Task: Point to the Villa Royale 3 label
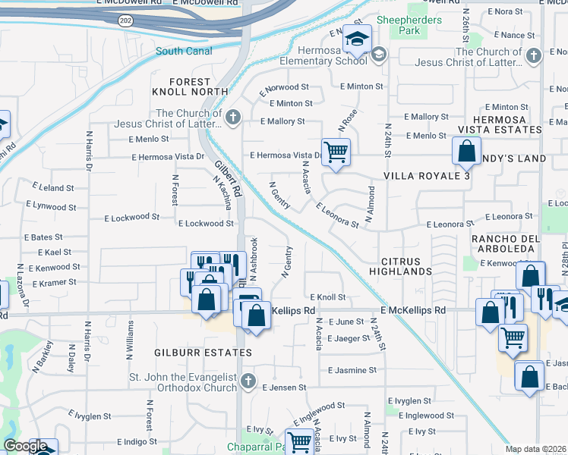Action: tap(427, 176)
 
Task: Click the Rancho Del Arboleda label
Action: tap(505, 245)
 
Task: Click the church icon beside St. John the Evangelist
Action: tap(248, 381)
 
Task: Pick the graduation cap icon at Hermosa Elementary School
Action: tap(355, 37)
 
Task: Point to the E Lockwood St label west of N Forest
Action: tap(131, 217)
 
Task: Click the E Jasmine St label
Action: tap(352, 370)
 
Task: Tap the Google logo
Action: tap(25, 446)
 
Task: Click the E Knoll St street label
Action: tap(328, 298)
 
